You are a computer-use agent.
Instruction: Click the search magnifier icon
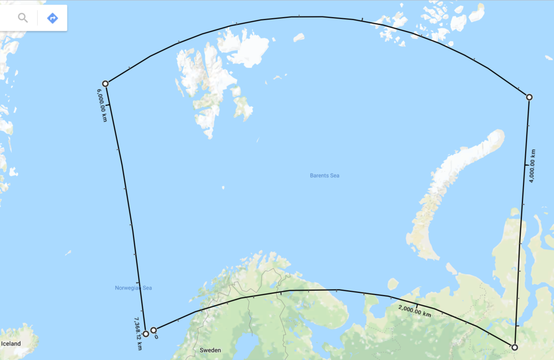point(23,18)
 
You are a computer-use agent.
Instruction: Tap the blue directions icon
point(53,18)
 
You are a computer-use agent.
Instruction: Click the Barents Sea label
point(325,176)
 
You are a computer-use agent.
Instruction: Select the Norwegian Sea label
point(133,288)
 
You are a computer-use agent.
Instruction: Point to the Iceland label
point(11,344)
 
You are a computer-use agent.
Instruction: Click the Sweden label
point(210,350)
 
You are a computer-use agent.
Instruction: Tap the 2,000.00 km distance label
point(414,310)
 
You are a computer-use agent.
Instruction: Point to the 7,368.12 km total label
point(138,333)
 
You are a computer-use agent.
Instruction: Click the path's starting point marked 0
point(153,331)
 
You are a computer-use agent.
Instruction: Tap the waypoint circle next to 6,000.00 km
point(105,84)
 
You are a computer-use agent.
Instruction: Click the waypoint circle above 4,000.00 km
point(529,97)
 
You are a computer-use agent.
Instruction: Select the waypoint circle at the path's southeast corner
point(515,347)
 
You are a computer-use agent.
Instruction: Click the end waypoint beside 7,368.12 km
point(146,334)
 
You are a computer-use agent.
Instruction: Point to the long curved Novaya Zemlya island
point(454,183)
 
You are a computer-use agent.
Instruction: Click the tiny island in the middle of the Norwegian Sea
point(68,253)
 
